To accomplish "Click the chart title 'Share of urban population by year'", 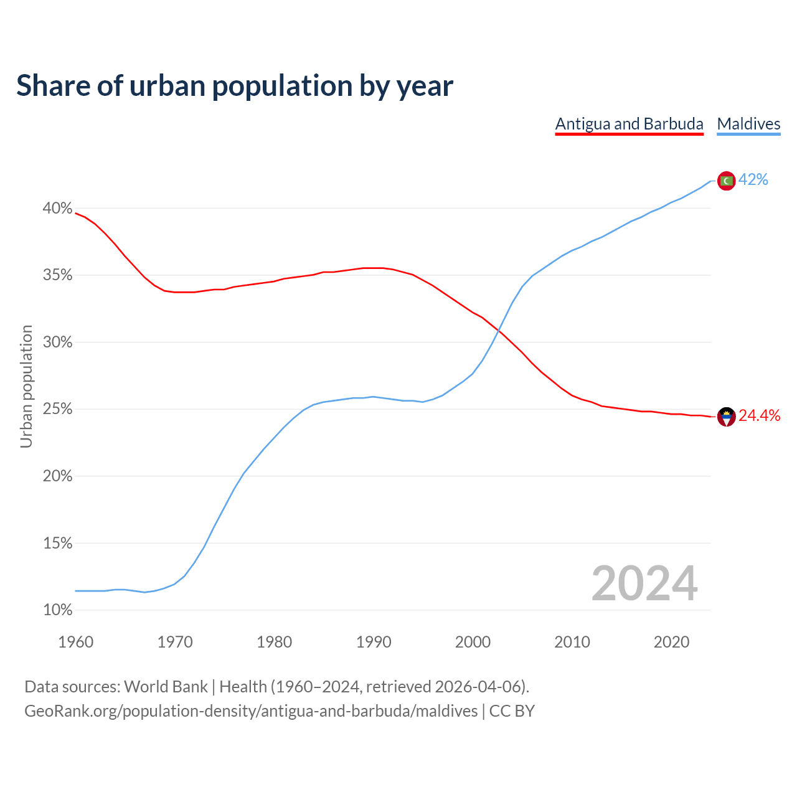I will (235, 85).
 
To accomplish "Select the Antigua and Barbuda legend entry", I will (629, 124).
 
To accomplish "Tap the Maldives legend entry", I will (748, 124).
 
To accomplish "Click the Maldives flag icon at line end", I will (726, 181).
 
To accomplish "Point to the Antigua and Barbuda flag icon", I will (726, 417).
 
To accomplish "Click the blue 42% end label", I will (753, 180).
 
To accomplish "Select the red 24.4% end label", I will (759, 416).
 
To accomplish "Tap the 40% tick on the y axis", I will (57, 209).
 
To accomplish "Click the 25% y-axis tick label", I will (57, 410).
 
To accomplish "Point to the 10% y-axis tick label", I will (57, 610).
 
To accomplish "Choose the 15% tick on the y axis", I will (57, 544).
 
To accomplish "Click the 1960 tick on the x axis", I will (75, 642).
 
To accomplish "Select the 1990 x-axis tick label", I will (374, 642).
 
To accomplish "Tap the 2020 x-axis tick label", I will (671, 642).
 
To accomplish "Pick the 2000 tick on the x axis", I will (473, 642).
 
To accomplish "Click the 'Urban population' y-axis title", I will (26, 386).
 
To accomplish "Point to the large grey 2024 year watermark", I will (644, 584).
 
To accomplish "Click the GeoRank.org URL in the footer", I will (251, 711).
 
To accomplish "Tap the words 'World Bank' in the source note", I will (166, 687).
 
